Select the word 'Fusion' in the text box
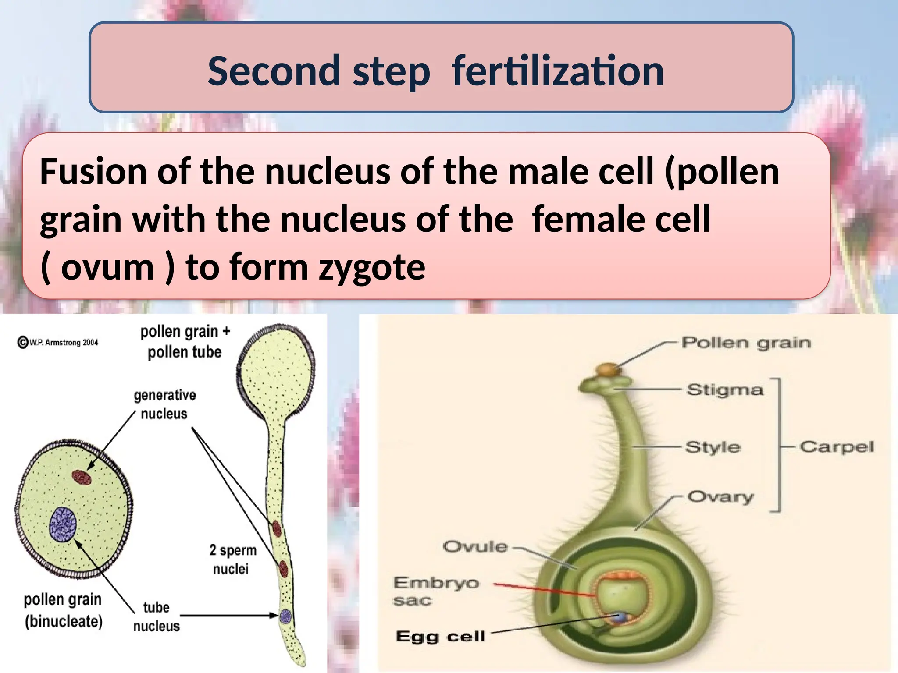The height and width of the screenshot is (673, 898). (93, 172)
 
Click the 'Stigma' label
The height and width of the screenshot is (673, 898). (725, 390)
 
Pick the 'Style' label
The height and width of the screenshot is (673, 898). (713, 447)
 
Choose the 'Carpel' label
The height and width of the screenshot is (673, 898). (837, 447)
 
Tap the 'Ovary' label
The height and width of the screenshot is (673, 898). (720, 497)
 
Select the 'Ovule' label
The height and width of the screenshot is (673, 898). (475, 546)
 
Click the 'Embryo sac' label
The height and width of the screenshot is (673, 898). (436, 591)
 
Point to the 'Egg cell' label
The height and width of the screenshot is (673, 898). (440, 636)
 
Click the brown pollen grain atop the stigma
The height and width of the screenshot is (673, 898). (609, 369)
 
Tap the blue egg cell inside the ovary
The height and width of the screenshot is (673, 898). (621, 617)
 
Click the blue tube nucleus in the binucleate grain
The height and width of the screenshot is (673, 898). (63, 524)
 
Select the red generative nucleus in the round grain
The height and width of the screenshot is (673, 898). (82, 477)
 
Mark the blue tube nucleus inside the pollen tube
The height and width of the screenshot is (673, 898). (285, 616)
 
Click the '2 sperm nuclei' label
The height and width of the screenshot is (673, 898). (232, 559)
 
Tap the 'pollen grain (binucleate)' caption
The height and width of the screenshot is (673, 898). (63, 610)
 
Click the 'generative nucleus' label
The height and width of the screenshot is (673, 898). (164, 404)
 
